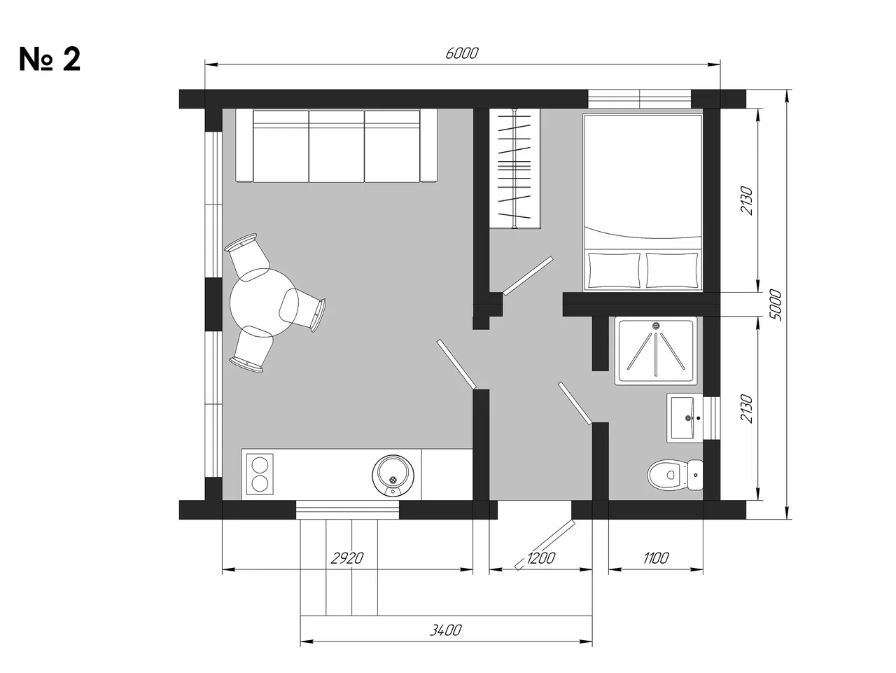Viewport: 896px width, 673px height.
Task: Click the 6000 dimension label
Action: pos(462,53)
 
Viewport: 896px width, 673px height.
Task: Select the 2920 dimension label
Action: pos(346,558)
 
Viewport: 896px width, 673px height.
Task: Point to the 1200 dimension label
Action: pos(540,558)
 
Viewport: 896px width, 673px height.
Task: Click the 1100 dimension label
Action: pos(656,558)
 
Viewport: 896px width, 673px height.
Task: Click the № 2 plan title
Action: pos(50,60)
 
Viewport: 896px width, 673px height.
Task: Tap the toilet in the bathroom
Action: pos(675,475)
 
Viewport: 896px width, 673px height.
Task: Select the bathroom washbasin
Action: pos(685,418)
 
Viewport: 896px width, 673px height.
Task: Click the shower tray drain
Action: pos(656,326)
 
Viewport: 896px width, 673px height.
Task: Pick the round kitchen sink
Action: pos(393,476)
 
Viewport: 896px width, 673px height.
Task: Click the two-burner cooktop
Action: pos(260,474)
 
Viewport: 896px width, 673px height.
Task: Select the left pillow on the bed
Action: pos(615,270)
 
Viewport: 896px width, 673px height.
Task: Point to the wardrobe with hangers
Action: pos(514,168)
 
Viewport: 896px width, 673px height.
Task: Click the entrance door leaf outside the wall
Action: pos(545,544)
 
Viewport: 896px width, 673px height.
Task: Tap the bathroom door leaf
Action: pos(575,403)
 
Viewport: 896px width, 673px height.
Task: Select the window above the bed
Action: pos(639,99)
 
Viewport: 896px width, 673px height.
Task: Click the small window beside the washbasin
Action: pos(711,417)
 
